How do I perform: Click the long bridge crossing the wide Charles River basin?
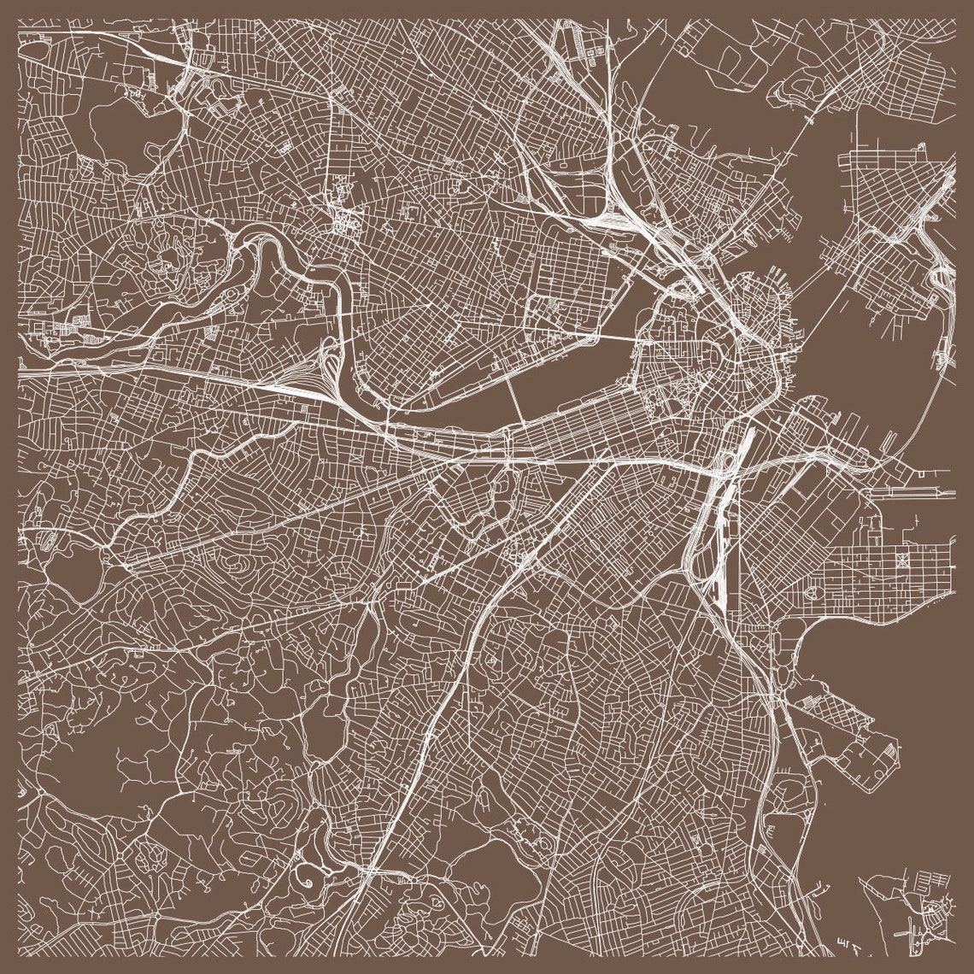pos(516,402)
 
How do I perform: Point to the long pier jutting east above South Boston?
pos(914,493)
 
